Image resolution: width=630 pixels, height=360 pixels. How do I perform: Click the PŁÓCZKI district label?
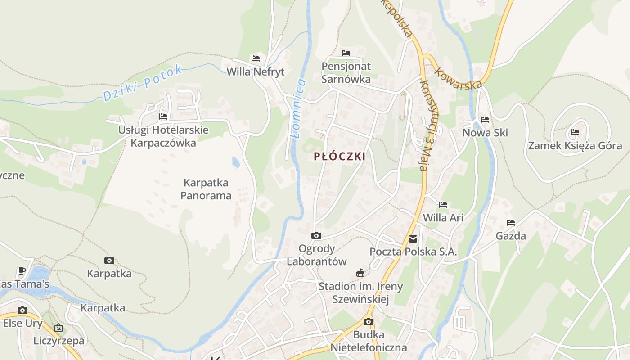click(339, 157)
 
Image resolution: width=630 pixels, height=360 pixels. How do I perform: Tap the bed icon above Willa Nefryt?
click(256, 58)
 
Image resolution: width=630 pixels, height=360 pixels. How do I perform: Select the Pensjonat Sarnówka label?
click(346, 73)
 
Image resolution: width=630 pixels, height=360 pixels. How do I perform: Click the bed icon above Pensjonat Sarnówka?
click(346, 53)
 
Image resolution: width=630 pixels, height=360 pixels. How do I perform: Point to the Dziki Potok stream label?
click(143, 83)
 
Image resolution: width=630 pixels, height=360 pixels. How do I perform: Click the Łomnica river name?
click(299, 108)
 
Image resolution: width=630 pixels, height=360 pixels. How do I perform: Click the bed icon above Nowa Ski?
click(485, 120)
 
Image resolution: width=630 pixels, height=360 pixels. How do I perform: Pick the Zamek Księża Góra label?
click(575, 145)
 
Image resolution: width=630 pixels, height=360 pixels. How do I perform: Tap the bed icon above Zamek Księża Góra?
click(575, 132)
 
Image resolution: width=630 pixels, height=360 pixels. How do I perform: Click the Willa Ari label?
click(443, 218)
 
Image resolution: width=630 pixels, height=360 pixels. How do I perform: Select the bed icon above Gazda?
click(511, 223)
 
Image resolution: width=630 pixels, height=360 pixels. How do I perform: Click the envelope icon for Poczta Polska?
click(413, 239)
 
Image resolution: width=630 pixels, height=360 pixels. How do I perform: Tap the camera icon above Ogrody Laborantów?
click(316, 235)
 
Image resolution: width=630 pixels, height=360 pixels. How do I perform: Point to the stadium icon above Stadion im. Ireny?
click(360, 273)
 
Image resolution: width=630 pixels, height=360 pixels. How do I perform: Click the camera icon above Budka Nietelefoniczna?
click(369, 321)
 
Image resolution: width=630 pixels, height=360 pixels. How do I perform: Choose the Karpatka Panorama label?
click(206, 189)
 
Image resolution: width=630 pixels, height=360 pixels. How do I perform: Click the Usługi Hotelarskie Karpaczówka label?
click(163, 136)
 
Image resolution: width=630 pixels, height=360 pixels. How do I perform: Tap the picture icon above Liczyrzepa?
click(58, 328)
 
